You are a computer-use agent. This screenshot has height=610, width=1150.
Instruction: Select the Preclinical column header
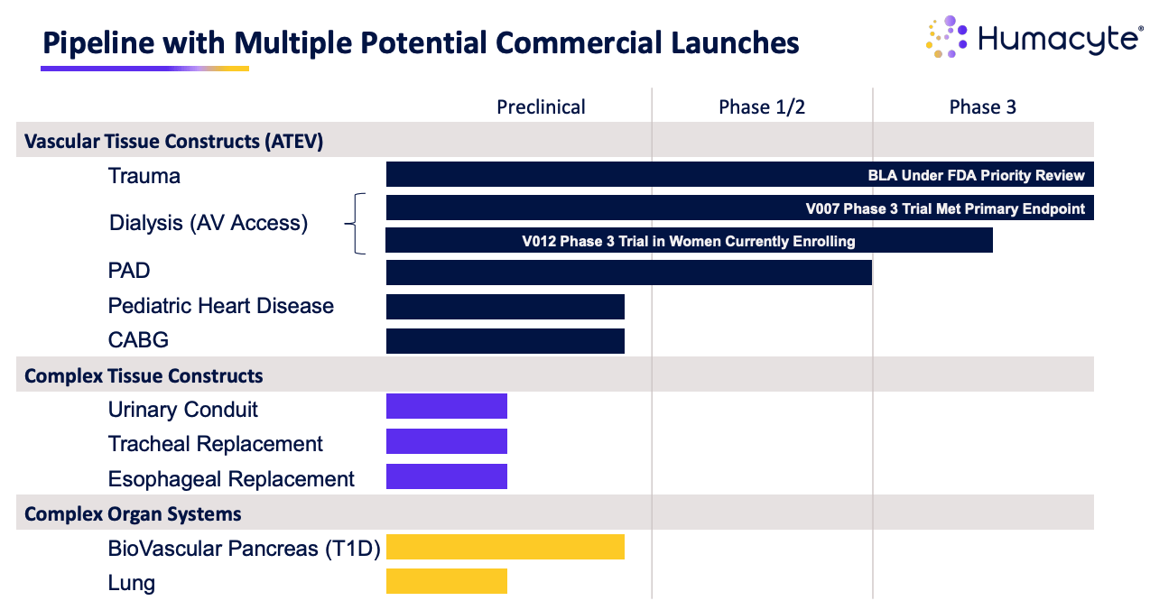pyautogui.click(x=541, y=107)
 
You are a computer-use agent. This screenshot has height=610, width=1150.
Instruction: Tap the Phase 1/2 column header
pyautogui.click(x=762, y=107)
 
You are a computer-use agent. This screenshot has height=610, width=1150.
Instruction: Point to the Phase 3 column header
pyautogui.click(x=982, y=107)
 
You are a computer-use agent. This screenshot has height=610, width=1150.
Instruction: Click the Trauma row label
pyautogui.click(x=144, y=176)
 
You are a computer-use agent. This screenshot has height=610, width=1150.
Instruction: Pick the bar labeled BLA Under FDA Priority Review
pyautogui.click(x=739, y=175)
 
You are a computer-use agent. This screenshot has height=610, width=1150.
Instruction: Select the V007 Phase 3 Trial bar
pyautogui.click(x=739, y=208)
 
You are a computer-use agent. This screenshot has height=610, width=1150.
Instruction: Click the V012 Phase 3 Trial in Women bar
pyautogui.click(x=689, y=241)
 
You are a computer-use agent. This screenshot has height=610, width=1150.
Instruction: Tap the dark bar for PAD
pyautogui.click(x=628, y=273)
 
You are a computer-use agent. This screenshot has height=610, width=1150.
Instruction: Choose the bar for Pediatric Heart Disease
pyautogui.click(x=505, y=307)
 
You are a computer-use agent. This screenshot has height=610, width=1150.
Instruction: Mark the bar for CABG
pyautogui.click(x=505, y=341)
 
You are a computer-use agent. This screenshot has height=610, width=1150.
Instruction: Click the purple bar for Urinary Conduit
pyautogui.click(x=447, y=407)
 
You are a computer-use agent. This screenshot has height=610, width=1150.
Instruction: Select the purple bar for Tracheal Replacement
pyautogui.click(x=447, y=441)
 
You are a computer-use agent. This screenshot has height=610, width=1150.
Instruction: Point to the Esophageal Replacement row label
pyautogui.click(x=231, y=479)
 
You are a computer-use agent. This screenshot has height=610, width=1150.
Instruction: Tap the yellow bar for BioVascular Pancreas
pyautogui.click(x=505, y=547)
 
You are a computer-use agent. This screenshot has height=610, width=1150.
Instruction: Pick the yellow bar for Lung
pyautogui.click(x=447, y=581)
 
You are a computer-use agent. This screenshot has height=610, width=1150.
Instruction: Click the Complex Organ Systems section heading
pyautogui.click(x=133, y=514)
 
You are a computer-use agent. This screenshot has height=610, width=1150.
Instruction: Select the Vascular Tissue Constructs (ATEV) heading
pyautogui.click(x=174, y=142)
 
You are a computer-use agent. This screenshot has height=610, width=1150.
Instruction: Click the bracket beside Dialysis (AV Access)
pyautogui.click(x=357, y=224)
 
